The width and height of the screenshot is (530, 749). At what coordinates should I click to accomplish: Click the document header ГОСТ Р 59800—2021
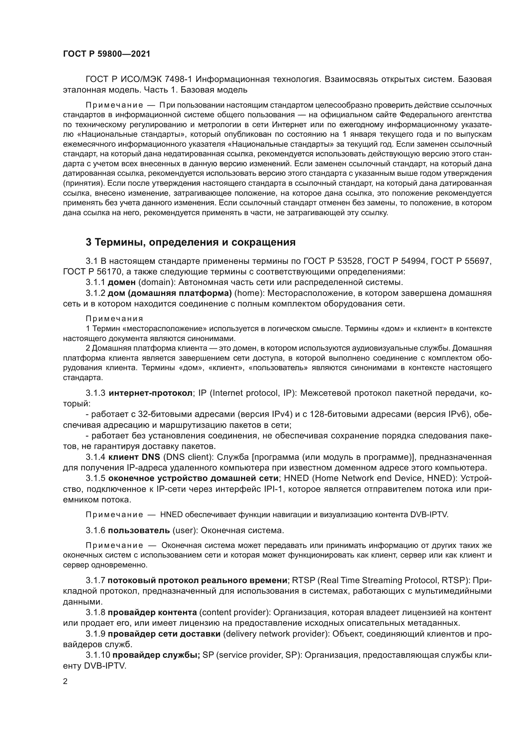pos(106,54)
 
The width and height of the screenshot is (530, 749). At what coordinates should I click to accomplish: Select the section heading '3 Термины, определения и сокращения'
pos(191,242)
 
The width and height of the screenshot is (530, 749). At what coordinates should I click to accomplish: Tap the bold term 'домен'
pos(121,282)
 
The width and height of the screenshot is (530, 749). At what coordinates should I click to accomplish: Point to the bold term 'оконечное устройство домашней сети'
pos(193,478)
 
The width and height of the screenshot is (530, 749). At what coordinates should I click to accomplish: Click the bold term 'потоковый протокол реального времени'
pos(197,580)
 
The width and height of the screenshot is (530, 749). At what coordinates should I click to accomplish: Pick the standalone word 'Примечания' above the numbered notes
pos(114,319)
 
